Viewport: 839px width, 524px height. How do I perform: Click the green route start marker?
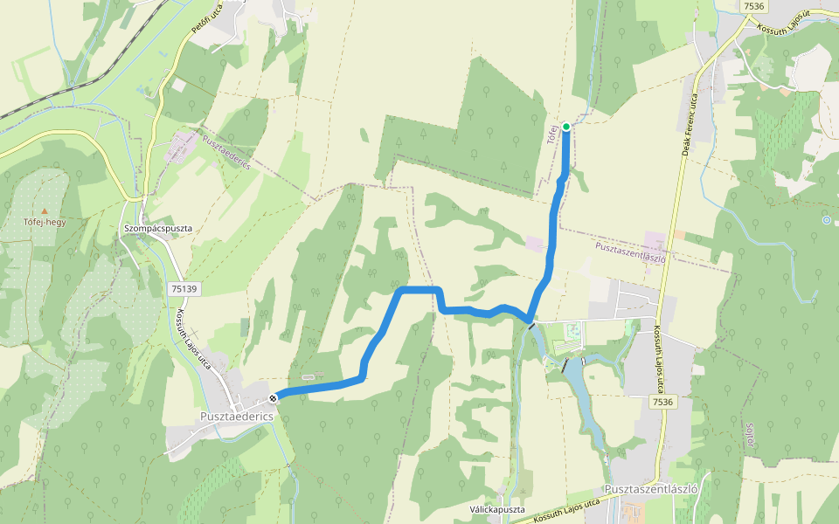pyautogui.click(x=565, y=127)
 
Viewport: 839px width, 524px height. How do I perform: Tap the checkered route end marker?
pyautogui.click(x=274, y=398)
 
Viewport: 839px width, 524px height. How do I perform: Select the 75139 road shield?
pyautogui.click(x=184, y=288)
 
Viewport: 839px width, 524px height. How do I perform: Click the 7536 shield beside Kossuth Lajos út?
pyautogui.click(x=752, y=6)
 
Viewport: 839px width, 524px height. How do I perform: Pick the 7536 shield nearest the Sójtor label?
pyautogui.click(x=663, y=401)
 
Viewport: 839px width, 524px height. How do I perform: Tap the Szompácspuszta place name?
pyautogui.click(x=157, y=229)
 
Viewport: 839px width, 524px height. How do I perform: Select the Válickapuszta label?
pyautogui.click(x=496, y=509)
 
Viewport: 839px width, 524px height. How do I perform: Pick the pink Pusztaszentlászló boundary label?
pyautogui.click(x=631, y=252)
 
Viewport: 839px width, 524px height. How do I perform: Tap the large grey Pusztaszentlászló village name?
pyautogui.click(x=650, y=490)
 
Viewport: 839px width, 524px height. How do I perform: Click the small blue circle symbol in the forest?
pyautogui.click(x=826, y=220)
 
